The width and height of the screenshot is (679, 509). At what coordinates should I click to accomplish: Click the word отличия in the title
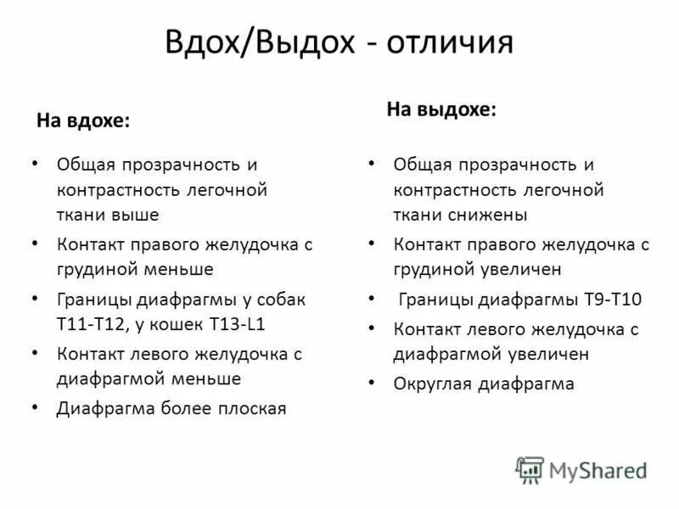coord(450,42)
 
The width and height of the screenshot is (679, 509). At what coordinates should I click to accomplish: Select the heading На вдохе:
coord(83,121)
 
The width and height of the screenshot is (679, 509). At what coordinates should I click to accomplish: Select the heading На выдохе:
coord(441,109)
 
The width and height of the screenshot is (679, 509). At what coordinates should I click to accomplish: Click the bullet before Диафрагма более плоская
coord(34,408)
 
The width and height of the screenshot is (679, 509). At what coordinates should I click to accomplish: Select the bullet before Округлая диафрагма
coord(371,383)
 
